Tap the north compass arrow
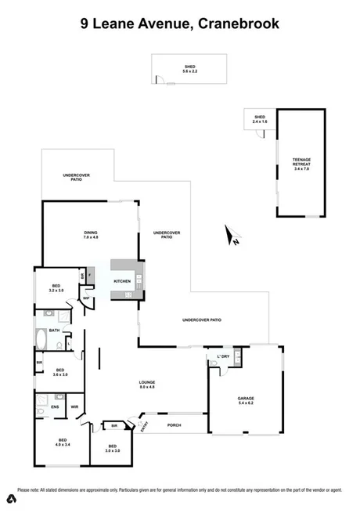point(232,235)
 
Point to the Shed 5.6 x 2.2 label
point(190,69)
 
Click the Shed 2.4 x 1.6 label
point(260,120)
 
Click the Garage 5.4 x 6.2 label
point(246,400)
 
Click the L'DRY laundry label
point(222,356)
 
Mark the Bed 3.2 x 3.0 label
point(56,288)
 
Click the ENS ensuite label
point(55,406)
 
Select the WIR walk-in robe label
point(75,406)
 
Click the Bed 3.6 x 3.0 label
point(59,371)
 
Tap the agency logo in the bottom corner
point(12,499)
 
